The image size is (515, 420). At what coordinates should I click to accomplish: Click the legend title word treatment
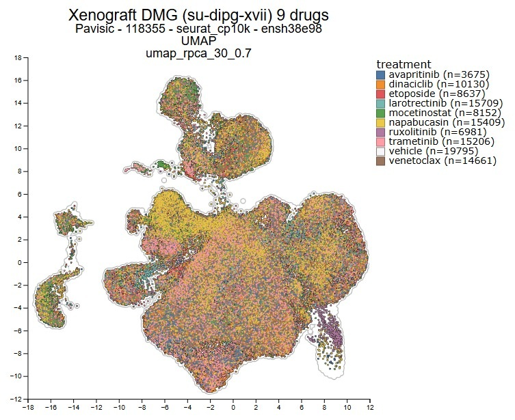tap(404, 64)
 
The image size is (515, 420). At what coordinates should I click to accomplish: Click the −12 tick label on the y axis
tap(15, 399)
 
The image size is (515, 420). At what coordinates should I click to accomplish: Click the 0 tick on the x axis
tap(233, 408)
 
